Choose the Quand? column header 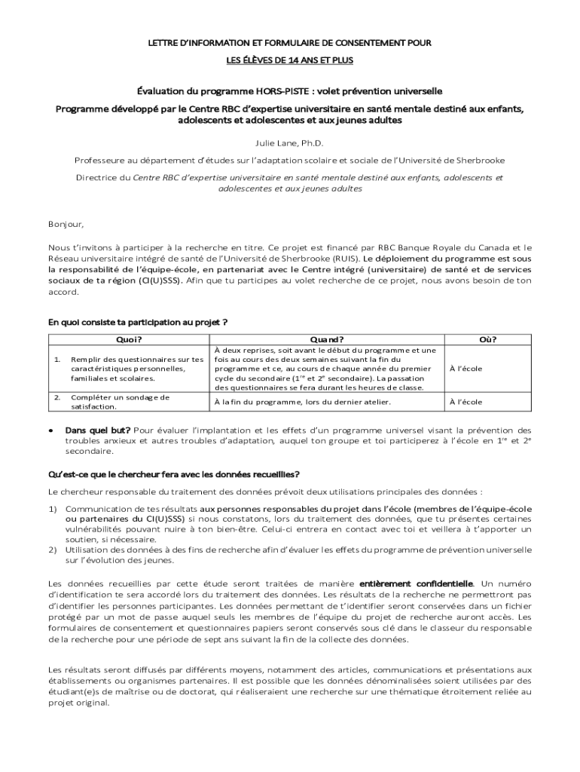(x=327, y=339)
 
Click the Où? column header (x=488, y=339)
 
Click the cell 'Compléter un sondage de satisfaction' (x=121, y=402)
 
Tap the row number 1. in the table (x=57, y=359)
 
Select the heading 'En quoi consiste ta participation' (x=138, y=322)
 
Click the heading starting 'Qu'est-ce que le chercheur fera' (x=174, y=474)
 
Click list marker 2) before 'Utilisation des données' (x=53, y=550)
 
